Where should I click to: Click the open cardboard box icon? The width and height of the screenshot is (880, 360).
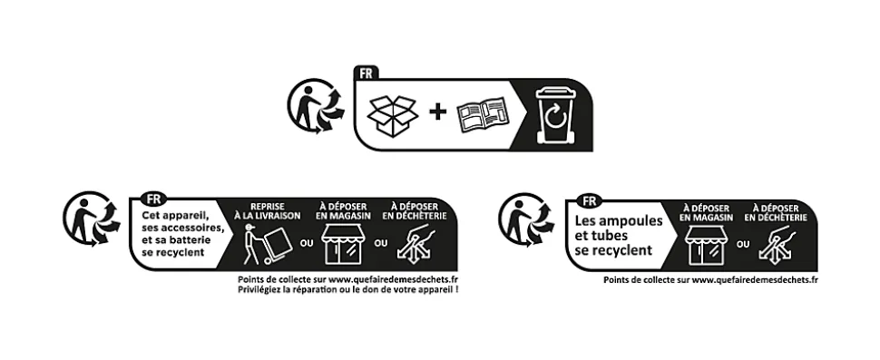pos(392,115)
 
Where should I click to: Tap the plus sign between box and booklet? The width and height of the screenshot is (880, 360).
pos(438,112)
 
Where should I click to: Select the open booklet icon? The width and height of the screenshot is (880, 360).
pos(482,115)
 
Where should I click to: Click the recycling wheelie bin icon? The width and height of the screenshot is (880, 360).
pos(556,114)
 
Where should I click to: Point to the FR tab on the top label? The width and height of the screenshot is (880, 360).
pos(366,73)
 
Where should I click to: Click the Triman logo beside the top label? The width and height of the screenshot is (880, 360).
pos(316,105)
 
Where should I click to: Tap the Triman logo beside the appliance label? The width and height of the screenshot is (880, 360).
pos(91,219)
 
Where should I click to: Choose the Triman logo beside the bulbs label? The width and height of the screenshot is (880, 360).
pos(526,219)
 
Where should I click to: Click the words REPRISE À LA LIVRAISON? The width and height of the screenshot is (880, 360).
pos(267,211)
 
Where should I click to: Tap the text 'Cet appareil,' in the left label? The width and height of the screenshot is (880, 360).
pos(175,215)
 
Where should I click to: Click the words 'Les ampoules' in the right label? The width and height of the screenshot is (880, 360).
pos(619,220)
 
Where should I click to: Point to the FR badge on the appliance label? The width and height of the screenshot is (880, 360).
pos(153,199)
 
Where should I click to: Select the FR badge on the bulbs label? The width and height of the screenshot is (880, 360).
pos(590,200)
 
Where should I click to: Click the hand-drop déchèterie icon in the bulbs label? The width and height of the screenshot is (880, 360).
pos(777,245)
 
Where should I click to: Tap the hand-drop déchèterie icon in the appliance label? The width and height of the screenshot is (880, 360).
pos(416,244)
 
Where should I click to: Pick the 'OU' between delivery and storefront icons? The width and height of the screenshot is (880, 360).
pos(307,243)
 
